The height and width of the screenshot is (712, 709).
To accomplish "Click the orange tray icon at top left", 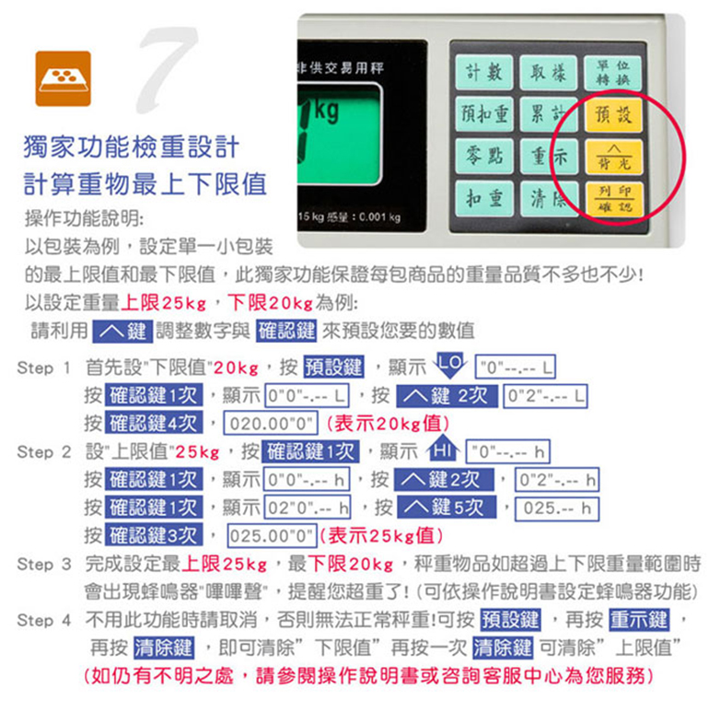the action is (64, 78).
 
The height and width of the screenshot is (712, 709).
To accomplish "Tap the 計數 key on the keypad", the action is (483, 72).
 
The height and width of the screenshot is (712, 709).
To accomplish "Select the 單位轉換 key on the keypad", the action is (612, 73).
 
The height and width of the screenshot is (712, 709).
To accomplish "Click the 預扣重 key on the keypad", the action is (483, 114).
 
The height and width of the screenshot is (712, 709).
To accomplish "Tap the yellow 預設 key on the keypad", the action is (612, 114).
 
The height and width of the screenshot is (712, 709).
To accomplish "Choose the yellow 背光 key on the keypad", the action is (613, 158).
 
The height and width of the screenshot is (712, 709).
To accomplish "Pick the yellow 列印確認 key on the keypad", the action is (613, 199).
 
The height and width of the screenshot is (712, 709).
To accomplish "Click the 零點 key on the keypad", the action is (483, 156).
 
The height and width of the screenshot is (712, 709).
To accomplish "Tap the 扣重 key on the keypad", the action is (483, 198).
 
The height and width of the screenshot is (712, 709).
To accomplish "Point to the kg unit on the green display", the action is (326, 111).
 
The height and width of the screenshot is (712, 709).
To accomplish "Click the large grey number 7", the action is (167, 69).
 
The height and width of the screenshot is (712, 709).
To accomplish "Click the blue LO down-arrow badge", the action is (450, 365).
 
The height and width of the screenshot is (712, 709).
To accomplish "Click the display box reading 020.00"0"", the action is (271, 423).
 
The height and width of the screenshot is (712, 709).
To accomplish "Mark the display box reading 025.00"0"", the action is (272, 536).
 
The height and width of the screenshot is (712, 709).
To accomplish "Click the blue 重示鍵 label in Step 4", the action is (639, 620).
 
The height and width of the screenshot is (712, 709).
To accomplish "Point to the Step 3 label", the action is (44, 565).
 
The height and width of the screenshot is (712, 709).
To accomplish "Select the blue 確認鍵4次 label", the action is (154, 423).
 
